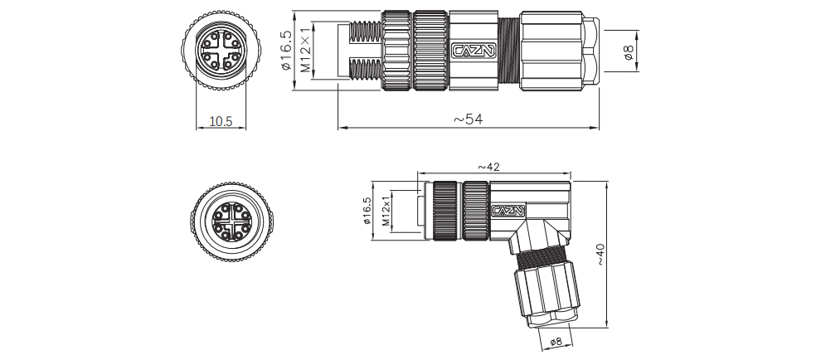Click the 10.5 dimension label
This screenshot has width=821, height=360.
tap(221, 121)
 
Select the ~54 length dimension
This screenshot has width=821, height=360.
tap(469, 119)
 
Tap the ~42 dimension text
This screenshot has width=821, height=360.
tap(489, 168)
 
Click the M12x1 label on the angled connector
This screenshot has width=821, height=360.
tap(386, 212)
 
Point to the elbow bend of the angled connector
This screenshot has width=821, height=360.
tap(531, 236)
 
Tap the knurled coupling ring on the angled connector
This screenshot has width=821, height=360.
tap(445, 212)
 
